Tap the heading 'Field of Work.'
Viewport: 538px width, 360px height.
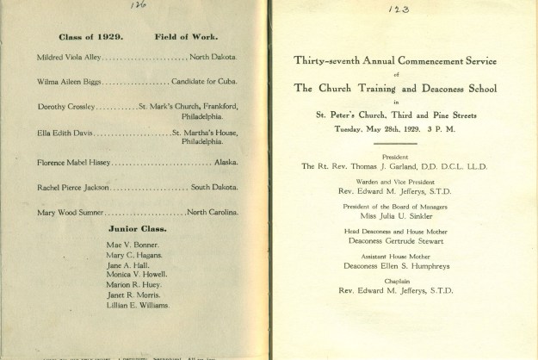tap(186, 37)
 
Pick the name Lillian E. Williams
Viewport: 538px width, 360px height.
tap(138, 305)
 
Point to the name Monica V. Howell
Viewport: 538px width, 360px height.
tap(136, 275)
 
